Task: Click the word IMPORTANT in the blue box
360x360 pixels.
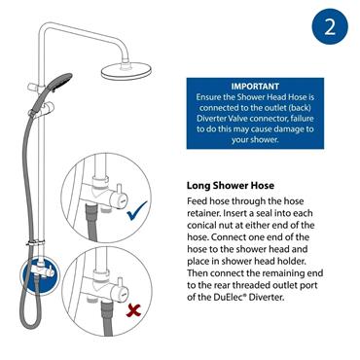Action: (x=255, y=86)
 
